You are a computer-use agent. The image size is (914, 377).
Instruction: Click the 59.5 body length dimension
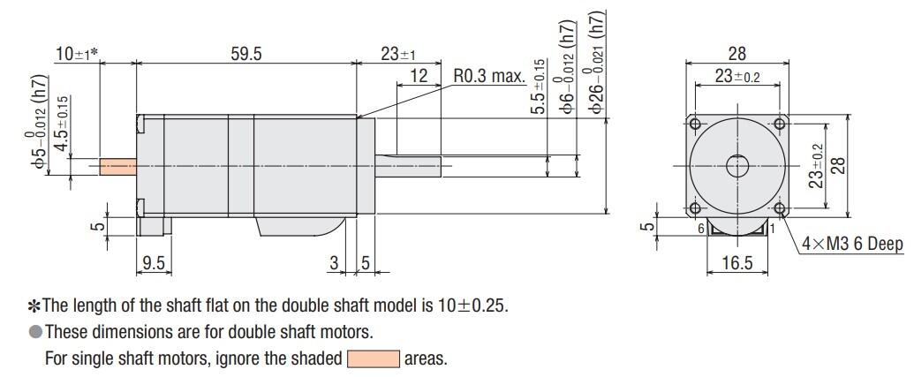246,55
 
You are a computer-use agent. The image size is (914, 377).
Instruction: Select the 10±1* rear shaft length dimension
76,55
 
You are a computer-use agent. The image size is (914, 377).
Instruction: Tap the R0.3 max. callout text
489,77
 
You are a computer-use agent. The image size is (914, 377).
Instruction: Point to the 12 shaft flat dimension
419,77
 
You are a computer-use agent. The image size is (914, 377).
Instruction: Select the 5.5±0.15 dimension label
538,86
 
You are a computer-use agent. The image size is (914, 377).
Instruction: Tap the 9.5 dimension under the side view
154,262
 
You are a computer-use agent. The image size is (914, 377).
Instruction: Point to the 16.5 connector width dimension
736,262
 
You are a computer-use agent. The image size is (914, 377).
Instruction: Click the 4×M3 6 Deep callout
852,245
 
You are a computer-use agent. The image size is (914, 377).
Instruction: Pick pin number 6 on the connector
700,229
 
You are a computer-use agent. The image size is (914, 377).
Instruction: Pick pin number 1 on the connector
772,229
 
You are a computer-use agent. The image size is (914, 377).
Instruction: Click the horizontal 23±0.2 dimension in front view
736,77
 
